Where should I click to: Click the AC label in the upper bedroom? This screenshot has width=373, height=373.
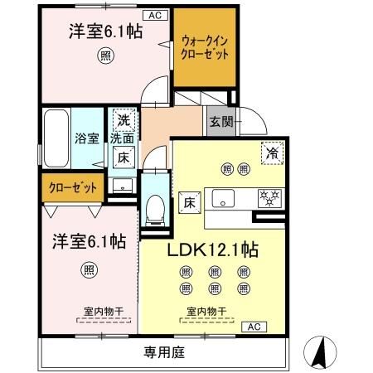[x=155, y=14]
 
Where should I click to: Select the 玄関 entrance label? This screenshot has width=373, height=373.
[x=220, y=123]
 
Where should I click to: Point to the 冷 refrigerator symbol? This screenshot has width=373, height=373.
[x=270, y=152]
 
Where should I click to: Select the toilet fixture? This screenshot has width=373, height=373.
[x=154, y=211]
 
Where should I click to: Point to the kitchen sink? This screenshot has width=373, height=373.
[x=225, y=198]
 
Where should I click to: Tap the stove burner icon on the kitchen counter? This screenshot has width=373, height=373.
[x=269, y=198]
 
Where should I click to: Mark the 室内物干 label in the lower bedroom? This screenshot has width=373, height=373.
[x=103, y=312]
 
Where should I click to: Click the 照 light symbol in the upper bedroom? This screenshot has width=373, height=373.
[x=104, y=56]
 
